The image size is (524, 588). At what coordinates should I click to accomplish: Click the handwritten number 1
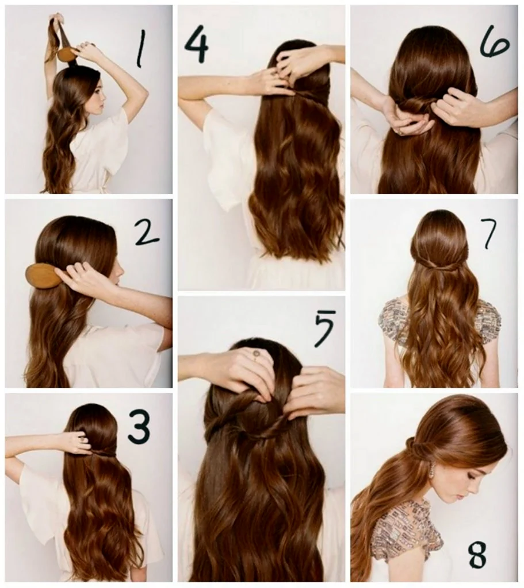pyautogui.click(x=140, y=49)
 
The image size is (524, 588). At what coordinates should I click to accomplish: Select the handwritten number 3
pyautogui.click(x=139, y=425)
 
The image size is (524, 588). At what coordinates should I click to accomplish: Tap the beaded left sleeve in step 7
pyautogui.click(x=392, y=320)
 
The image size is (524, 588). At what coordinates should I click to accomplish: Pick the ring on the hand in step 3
pyautogui.click(x=82, y=438)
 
